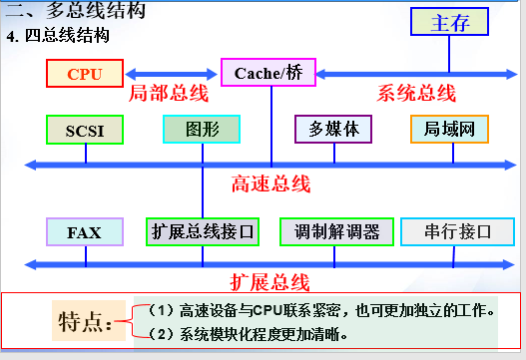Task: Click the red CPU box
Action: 84,73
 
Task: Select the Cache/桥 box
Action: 267,73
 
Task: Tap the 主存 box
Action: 450,24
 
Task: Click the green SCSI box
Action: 85,130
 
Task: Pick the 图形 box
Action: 202,130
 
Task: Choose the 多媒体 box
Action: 333,130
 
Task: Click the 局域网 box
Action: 449,130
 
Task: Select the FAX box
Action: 85,232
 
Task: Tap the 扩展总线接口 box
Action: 203,232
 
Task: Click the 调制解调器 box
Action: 337,232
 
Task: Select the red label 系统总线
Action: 416,94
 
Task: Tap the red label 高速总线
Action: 270,183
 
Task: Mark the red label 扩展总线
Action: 269,281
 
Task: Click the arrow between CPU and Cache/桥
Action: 171,73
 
